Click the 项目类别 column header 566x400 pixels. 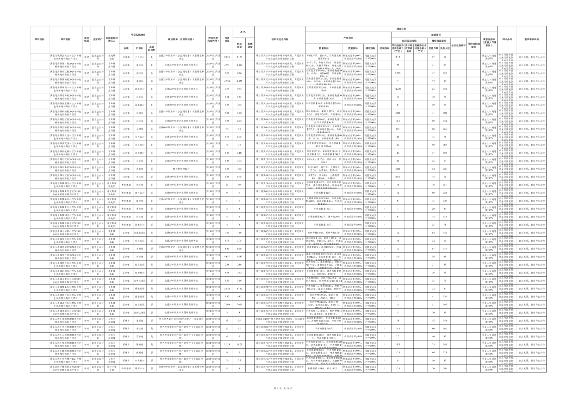(x=39, y=40)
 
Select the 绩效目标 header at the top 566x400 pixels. (x=401, y=29)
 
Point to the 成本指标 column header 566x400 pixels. (x=384, y=48)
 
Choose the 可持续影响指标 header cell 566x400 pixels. (x=473, y=45)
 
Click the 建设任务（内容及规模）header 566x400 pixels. (x=181, y=40)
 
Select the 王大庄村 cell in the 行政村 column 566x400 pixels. (x=139, y=57)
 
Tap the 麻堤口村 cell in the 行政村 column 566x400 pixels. (x=139, y=89)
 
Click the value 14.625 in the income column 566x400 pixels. (x=398, y=89)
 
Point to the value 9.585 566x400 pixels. (x=398, y=73)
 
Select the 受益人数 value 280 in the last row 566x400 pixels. (x=445, y=369)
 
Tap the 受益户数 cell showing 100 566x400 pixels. (x=433, y=320)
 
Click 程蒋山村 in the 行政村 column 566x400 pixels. (x=139, y=369)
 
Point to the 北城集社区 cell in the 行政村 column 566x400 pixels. (x=139, y=233)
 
